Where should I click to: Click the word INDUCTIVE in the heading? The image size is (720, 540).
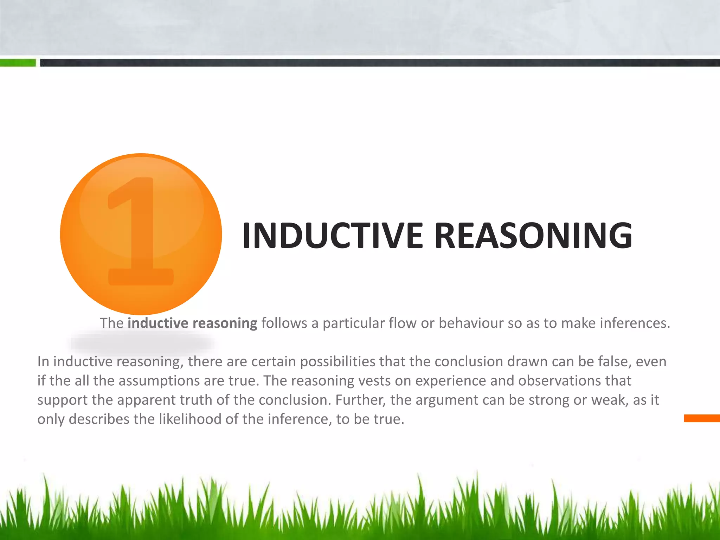coord(332,235)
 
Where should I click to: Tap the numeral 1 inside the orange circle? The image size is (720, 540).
coord(141,232)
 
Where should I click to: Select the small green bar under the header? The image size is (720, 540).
coord(18,63)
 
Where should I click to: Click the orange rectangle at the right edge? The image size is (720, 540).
coord(702,418)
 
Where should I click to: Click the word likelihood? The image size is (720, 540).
coord(190,419)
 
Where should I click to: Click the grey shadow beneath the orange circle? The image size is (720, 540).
coord(142,343)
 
